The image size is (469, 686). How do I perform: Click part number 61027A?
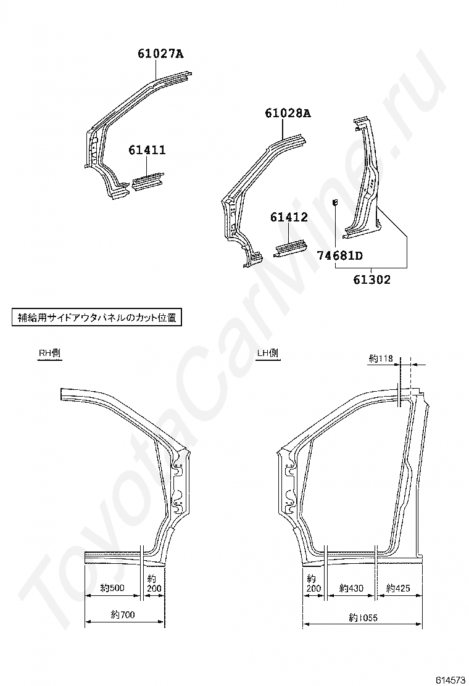coord(160,54)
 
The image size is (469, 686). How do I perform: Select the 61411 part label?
coord(147,150)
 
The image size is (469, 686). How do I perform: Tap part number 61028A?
coord(288,114)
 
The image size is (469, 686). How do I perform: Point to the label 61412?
coord(288,218)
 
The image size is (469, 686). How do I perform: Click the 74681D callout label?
coord(339,255)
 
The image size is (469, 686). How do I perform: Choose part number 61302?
coord(372,279)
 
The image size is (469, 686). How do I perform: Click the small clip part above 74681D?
coord(335,202)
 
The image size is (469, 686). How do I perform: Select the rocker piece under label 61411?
coord(147,183)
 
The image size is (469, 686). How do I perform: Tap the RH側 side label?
coord(49,353)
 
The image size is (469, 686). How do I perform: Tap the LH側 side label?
coord(267,353)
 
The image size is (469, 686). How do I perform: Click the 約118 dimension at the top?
coord(381,358)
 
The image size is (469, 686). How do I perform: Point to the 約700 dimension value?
coord(123,614)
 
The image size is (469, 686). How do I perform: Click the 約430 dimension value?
coord(352,589)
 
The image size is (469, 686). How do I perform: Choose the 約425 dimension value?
coord(398,589)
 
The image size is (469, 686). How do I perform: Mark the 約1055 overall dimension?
coord(363,617)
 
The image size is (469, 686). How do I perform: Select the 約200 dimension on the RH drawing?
coord(154,584)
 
